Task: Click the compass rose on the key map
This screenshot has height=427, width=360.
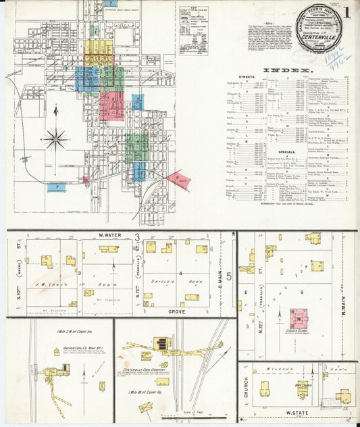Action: coord(55,140)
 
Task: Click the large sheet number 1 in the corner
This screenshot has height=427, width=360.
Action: coord(346,14)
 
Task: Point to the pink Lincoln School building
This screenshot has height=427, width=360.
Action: coord(299,318)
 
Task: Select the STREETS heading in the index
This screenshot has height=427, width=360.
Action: coord(247,78)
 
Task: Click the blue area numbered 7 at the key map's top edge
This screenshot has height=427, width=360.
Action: coord(111,3)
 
